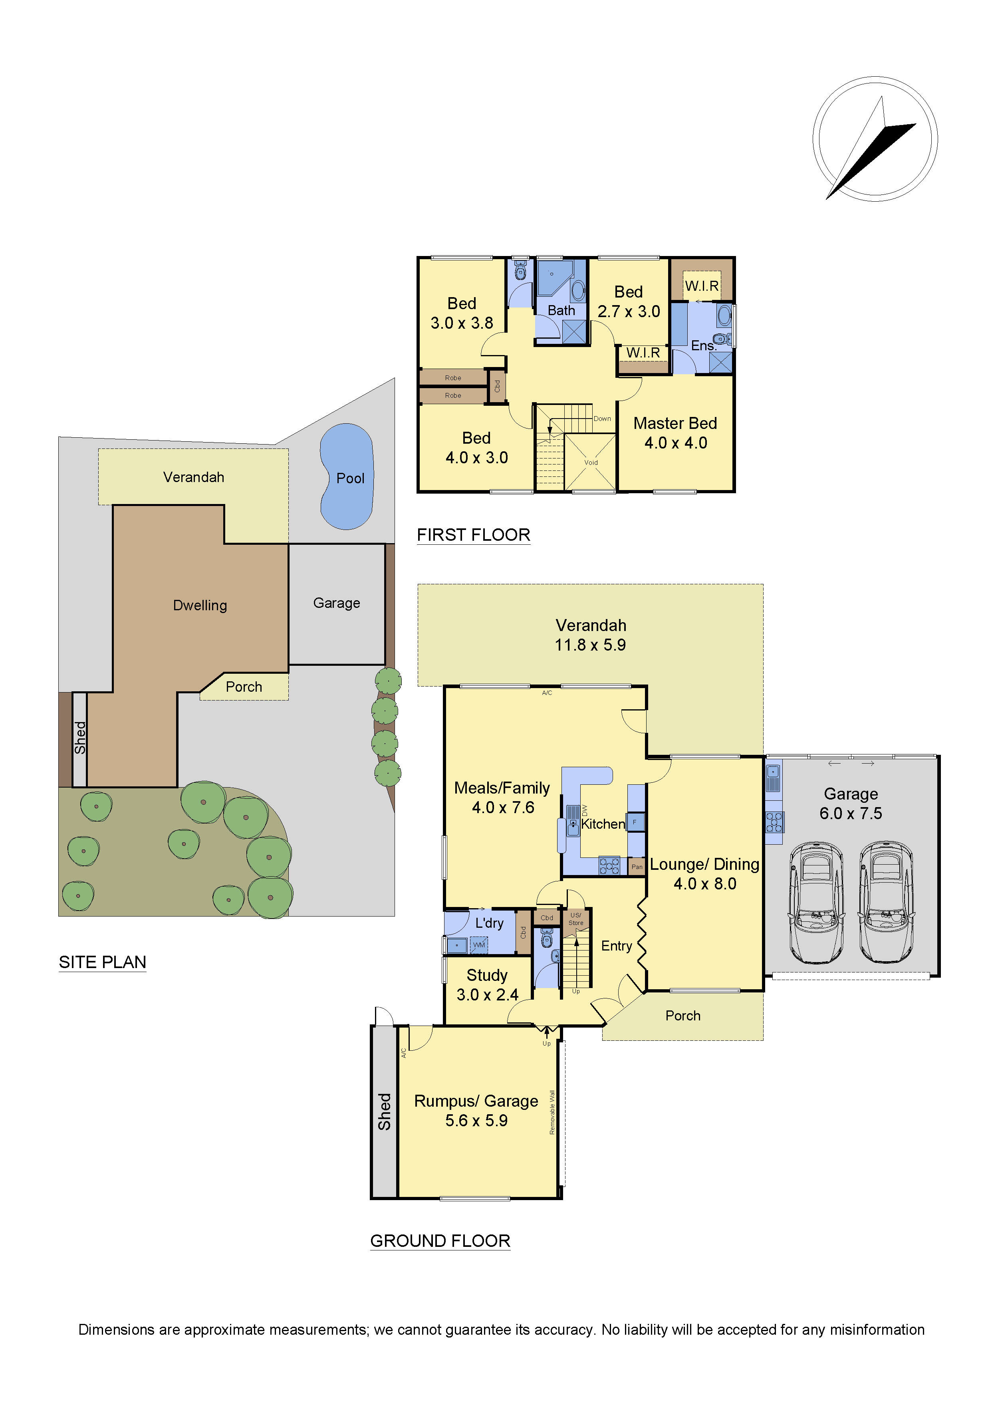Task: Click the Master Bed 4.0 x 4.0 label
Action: [675, 433]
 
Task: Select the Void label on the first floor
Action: [591, 462]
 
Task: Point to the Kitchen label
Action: [603, 824]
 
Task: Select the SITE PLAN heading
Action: [103, 962]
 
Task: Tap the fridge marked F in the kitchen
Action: [635, 822]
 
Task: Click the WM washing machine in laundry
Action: [479, 945]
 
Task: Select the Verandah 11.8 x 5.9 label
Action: [591, 635]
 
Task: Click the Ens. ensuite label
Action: [703, 345]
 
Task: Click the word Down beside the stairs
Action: [602, 419]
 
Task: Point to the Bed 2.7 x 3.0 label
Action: [628, 302]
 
